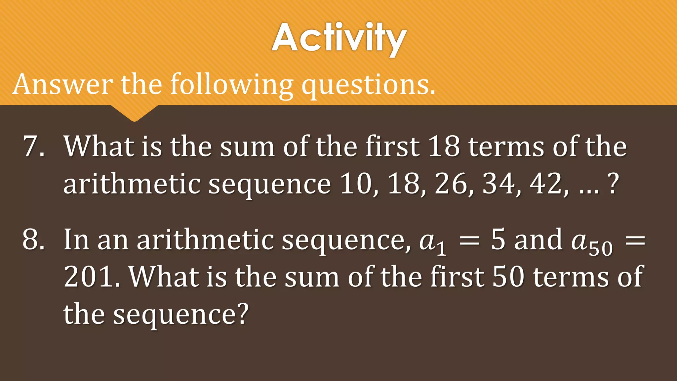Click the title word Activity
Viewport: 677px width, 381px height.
tap(339, 38)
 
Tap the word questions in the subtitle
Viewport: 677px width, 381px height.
tap(368, 85)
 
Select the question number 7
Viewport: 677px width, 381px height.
tap(33, 146)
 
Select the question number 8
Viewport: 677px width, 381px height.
tap(33, 239)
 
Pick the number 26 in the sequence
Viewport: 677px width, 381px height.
tap(451, 184)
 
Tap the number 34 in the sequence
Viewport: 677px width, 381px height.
tap(498, 184)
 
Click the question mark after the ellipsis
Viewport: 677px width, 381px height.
tap(614, 184)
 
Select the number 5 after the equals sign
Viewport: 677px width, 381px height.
tap(498, 239)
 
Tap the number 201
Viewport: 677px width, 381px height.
tap(89, 276)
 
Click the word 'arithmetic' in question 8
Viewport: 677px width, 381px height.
tap(205, 239)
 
